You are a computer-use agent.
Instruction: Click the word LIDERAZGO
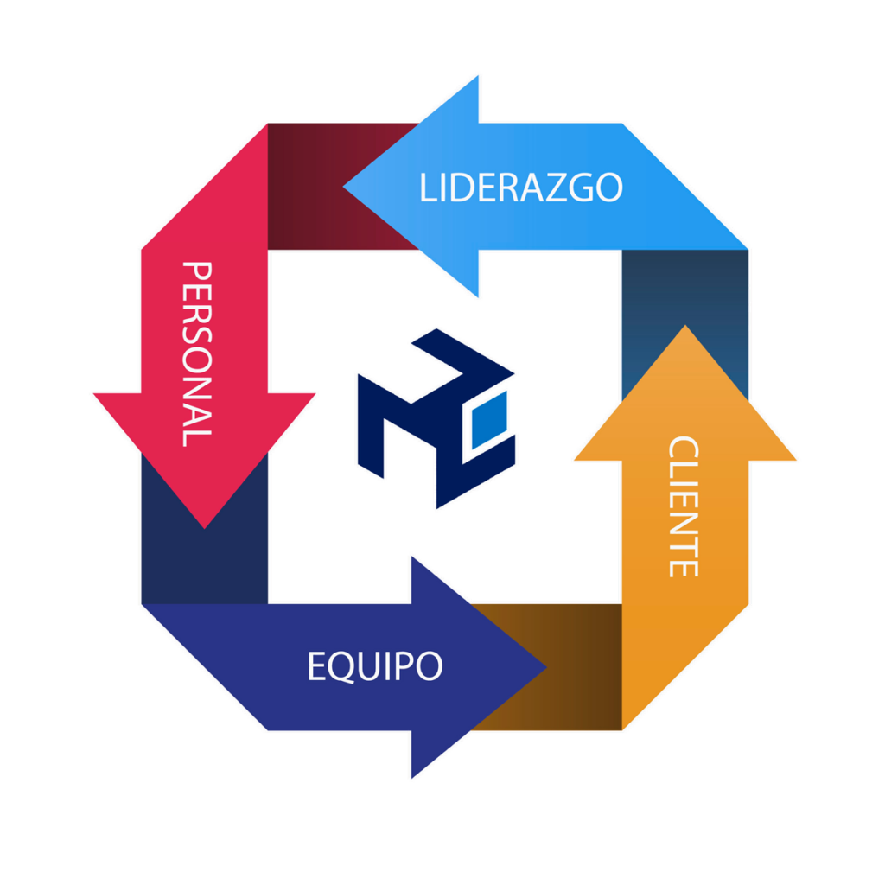coord(520,188)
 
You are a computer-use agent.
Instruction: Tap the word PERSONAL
coord(197,354)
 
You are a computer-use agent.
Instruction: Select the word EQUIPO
coord(375,666)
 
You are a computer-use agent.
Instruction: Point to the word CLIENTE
coord(683,506)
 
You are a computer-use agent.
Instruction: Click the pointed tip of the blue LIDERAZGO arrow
coord(346,186)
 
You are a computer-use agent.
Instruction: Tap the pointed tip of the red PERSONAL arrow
coord(205,525)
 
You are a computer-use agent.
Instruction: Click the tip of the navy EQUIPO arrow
coord(544,666)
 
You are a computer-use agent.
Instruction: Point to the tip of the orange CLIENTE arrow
coord(685,328)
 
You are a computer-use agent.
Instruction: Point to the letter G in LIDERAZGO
coord(581,188)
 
